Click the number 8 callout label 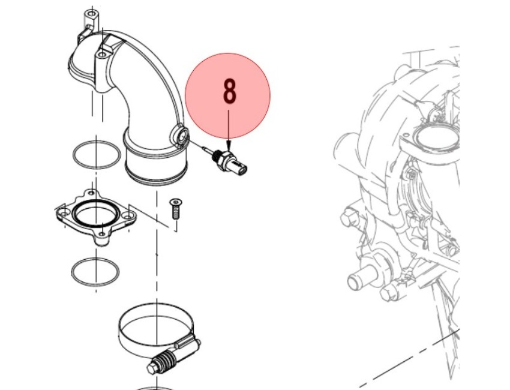coord(229,92)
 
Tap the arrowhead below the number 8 coord(229,145)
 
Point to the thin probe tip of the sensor coord(206,149)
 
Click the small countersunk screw coord(176,209)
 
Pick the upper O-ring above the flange coord(97,155)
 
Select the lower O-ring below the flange coord(95,272)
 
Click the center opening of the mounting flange coord(96,215)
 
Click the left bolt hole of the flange coord(64,212)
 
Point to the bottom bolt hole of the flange coord(102,234)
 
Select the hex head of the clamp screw coord(151,368)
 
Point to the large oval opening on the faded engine coord(437,137)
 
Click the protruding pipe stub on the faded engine coord(361,277)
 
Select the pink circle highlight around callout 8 coord(227,95)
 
